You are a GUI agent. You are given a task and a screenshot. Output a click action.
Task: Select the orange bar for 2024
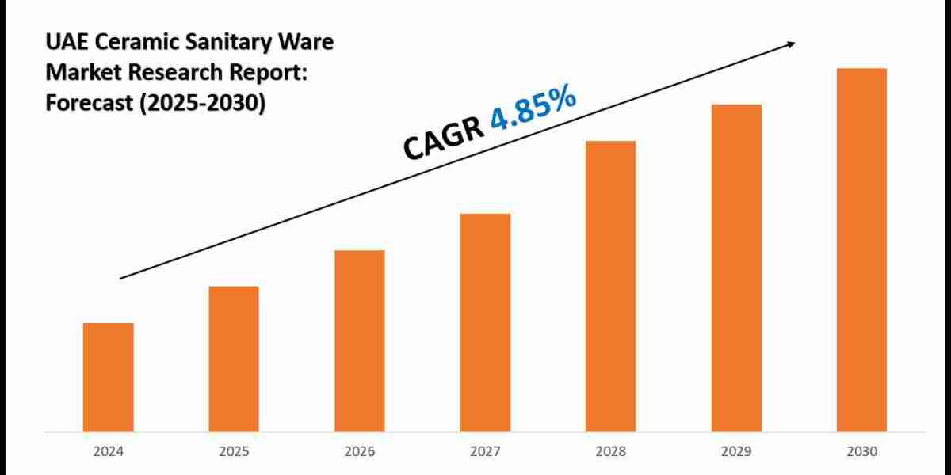point(108,377)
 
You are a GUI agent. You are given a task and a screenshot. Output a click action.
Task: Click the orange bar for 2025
point(234,359)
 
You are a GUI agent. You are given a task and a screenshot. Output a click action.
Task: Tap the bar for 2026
point(359,340)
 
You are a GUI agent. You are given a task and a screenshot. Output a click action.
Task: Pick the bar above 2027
point(485,322)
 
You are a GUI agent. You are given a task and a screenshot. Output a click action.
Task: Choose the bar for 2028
point(610,286)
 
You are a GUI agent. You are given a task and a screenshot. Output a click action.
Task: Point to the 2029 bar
point(736,268)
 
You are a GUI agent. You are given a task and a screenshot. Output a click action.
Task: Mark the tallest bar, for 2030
point(861,249)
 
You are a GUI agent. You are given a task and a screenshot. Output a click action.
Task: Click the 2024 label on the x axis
point(108,452)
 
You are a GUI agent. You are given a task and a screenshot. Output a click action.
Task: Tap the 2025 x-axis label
point(234,452)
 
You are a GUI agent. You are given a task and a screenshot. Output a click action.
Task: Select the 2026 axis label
point(359,452)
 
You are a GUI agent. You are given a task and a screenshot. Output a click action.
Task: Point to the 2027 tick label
point(485,452)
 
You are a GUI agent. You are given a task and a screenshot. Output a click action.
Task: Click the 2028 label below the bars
point(610,452)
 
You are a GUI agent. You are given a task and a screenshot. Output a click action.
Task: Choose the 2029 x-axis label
point(736,452)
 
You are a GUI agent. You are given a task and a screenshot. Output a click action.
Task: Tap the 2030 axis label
point(861,452)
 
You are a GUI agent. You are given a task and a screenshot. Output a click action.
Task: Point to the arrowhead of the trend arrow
point(790,44)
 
